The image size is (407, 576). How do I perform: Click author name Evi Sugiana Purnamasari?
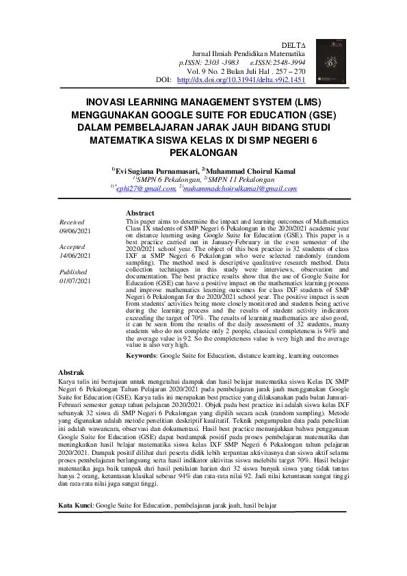click(157, 170)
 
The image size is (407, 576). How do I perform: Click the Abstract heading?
click(141, 213)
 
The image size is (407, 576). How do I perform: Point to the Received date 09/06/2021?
click(75, 232)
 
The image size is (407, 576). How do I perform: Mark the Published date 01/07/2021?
click(75, 280)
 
